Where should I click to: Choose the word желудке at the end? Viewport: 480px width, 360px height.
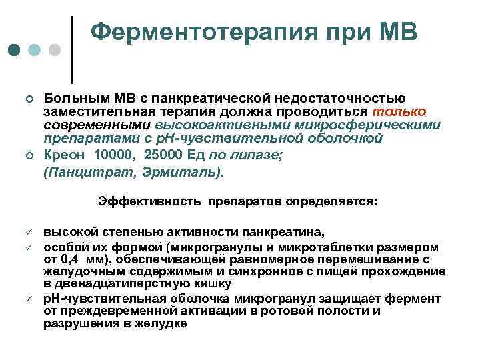point(164,323)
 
